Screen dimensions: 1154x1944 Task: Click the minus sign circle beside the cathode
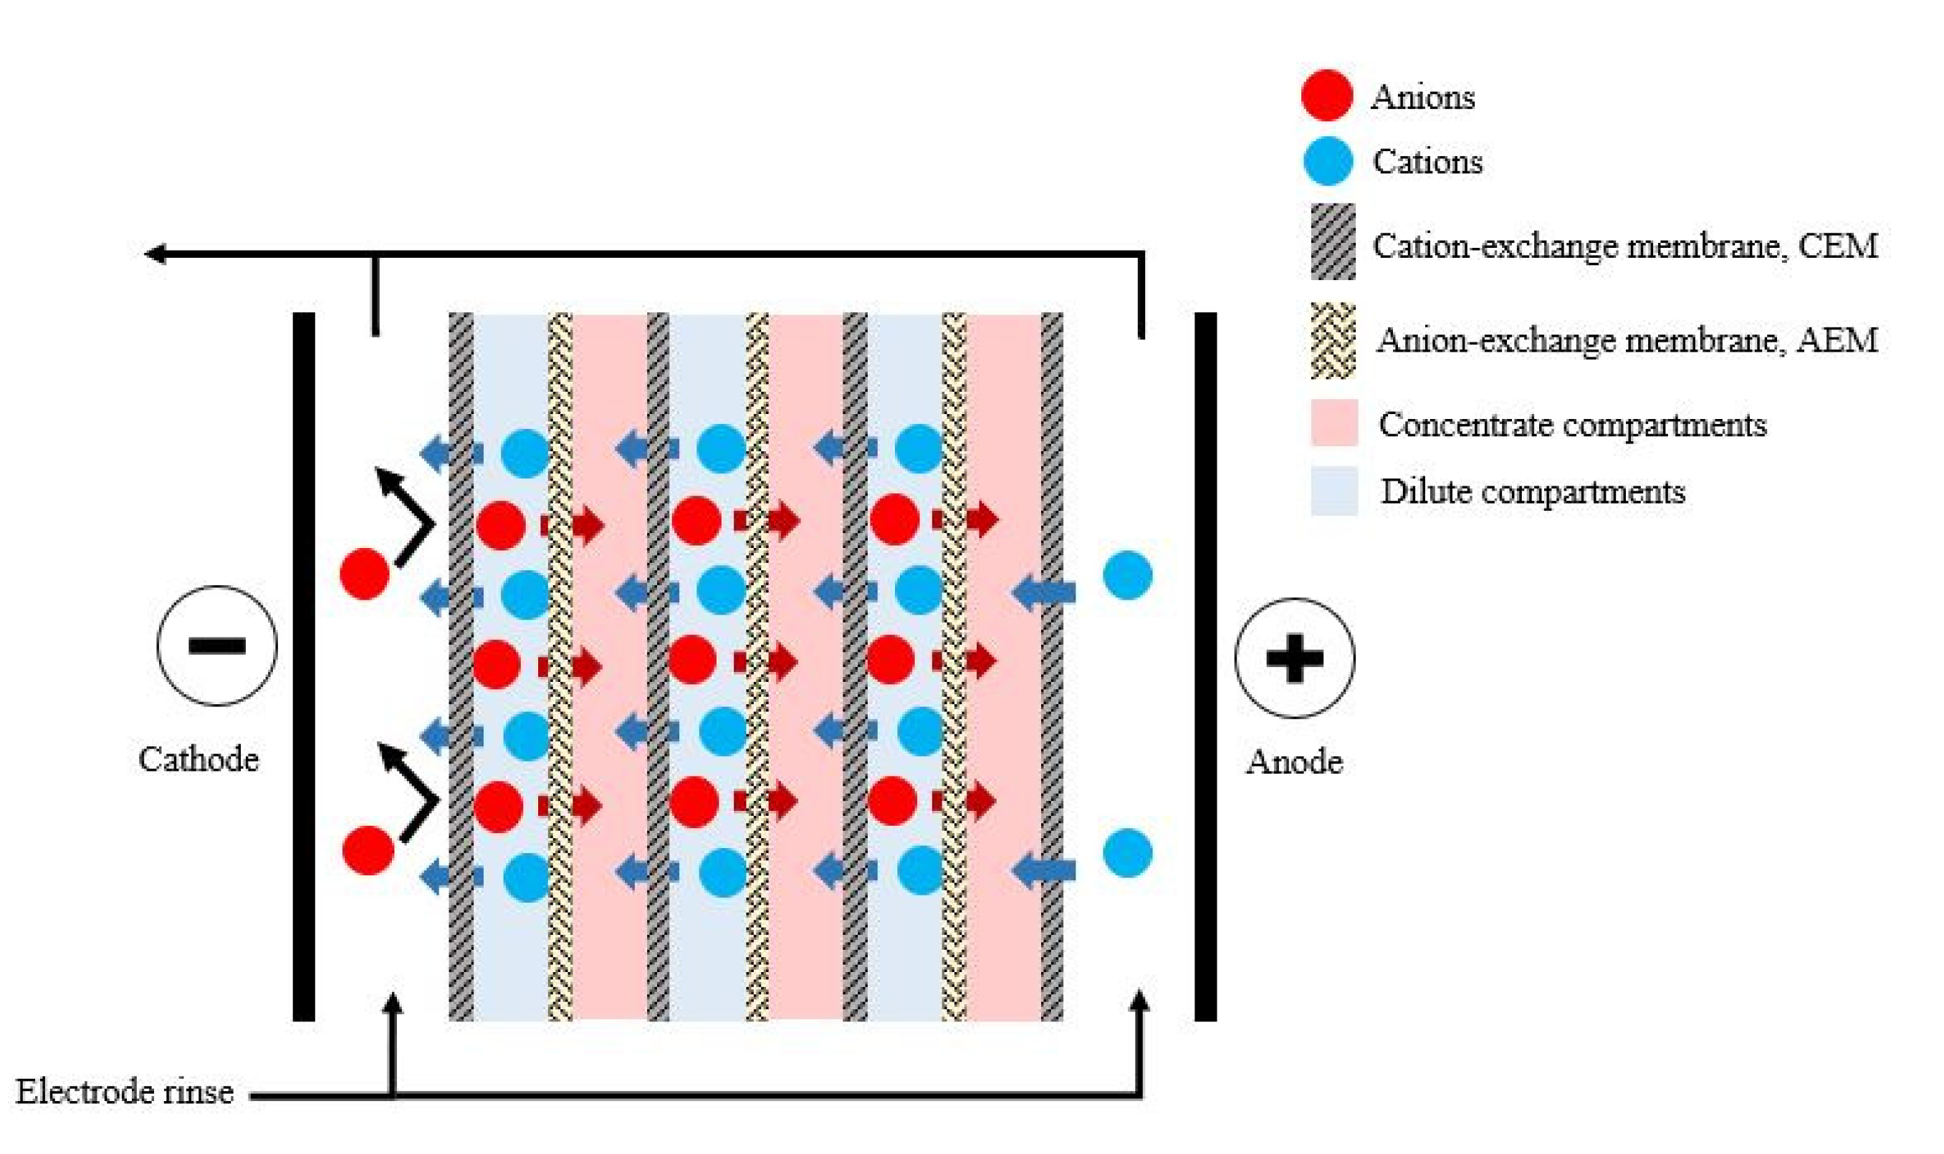(x=217, y=645)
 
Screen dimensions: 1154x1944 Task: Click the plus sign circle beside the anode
(x=1294, y=658)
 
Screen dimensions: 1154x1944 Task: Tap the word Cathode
(x=198, y=759)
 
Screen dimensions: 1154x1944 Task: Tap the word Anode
(x=1293, y=761)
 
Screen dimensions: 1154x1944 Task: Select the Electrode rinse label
(x=125, y=1092)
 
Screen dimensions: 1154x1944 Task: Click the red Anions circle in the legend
(x=1326, y=96)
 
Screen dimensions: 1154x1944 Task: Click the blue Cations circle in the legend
(x=1327, y=161)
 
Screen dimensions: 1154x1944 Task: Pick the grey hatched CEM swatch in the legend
(x=1333, y=242)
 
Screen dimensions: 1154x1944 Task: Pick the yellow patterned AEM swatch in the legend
(x=1333, y=340)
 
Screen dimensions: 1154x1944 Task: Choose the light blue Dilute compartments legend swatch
(x=1333, y=491)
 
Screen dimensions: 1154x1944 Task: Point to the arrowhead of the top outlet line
(x=155, y=254)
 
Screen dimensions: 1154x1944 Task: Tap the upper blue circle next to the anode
(x=1127, y=575)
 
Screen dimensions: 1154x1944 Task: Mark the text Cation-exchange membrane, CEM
(x=1624, y=246)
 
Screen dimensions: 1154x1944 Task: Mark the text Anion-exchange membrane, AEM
(x=1626, y=340)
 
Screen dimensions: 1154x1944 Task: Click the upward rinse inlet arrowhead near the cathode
(x=393, y=1003)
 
